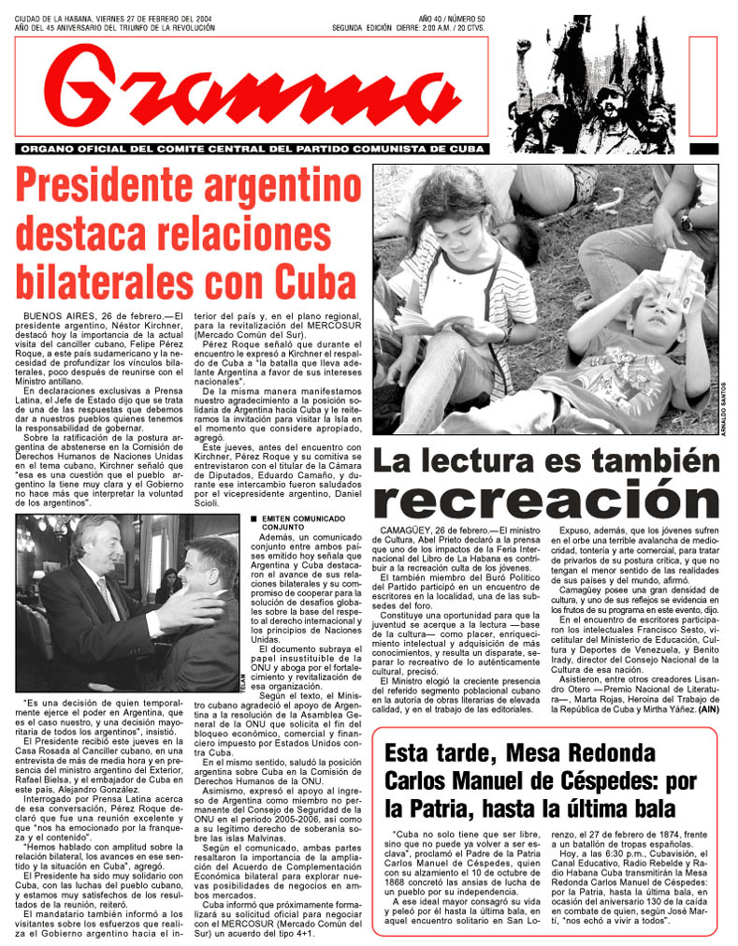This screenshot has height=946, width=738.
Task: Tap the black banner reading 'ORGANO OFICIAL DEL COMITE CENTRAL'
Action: (x=253, y=149)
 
